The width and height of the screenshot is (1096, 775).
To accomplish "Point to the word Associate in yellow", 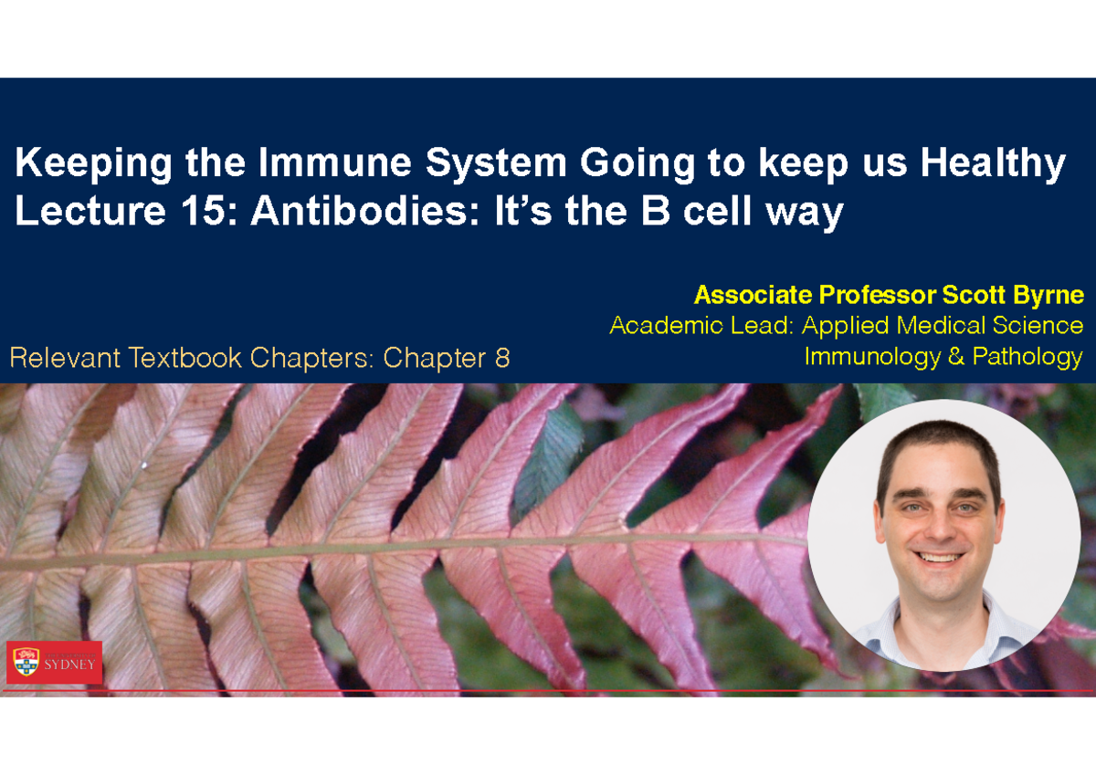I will point(753,296).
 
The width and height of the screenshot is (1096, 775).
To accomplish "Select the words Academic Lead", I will point(699,326).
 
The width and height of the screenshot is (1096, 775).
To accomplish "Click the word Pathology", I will point(1027,357).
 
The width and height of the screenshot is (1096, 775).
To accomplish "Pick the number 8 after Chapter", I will point(501,358).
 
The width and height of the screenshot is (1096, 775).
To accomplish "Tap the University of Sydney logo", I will point(54,661).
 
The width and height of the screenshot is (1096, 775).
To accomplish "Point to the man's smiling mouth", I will point(940,558).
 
